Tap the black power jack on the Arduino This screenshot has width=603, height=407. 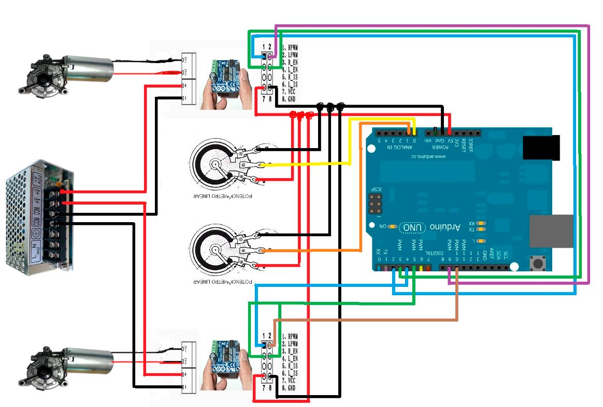point(542,148)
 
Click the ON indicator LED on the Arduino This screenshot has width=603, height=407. point(393,227)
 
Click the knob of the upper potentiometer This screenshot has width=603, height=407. point(214,165)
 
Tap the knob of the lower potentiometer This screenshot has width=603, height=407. point(214,251)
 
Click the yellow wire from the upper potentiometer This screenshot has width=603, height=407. point(311,165)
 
